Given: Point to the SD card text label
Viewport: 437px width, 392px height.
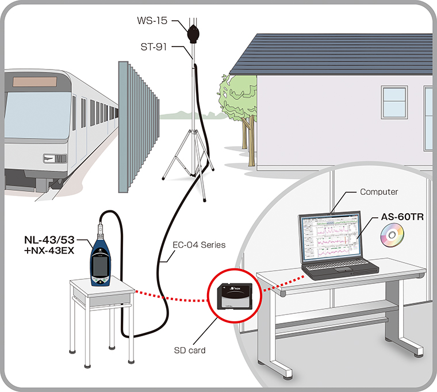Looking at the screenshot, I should [x=190, y=350].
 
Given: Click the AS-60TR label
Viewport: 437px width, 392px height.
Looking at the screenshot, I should [x=401, y=218].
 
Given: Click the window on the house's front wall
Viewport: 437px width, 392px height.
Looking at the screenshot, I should [x=394, y=102].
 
